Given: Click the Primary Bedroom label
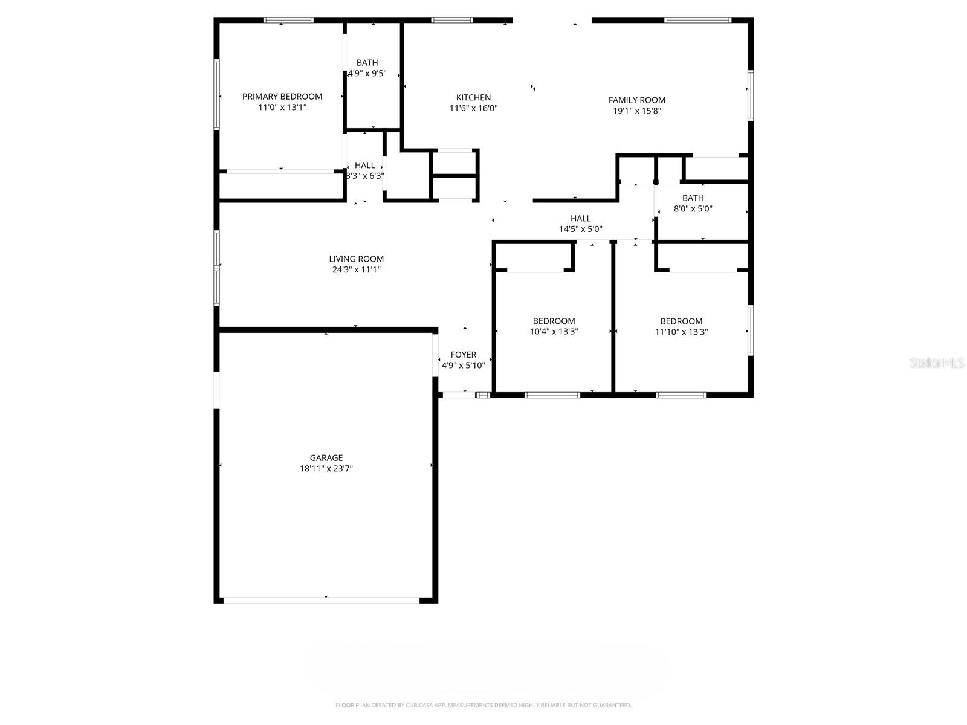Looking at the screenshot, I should coord(282,97).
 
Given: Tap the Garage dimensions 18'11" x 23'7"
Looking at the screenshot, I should coord(326,468).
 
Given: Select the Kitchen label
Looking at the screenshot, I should coord(473,98).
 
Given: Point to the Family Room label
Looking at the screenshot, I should coord(636,100).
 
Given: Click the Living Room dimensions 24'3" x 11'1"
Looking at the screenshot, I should coord(357,270).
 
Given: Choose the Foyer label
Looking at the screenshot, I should coord(464,355).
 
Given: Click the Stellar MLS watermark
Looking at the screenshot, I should coord(937,363).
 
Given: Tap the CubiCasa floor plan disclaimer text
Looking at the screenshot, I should coord(483,705).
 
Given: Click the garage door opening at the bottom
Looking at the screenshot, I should coord(321,600).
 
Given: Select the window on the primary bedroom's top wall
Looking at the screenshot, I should coord(288,21).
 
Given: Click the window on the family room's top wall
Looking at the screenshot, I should coord(697,21).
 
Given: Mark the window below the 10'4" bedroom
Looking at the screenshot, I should coord(552,395).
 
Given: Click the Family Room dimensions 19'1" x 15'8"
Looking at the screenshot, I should coord(636,111).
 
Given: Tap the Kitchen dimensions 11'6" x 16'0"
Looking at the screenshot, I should coord(473,109).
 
